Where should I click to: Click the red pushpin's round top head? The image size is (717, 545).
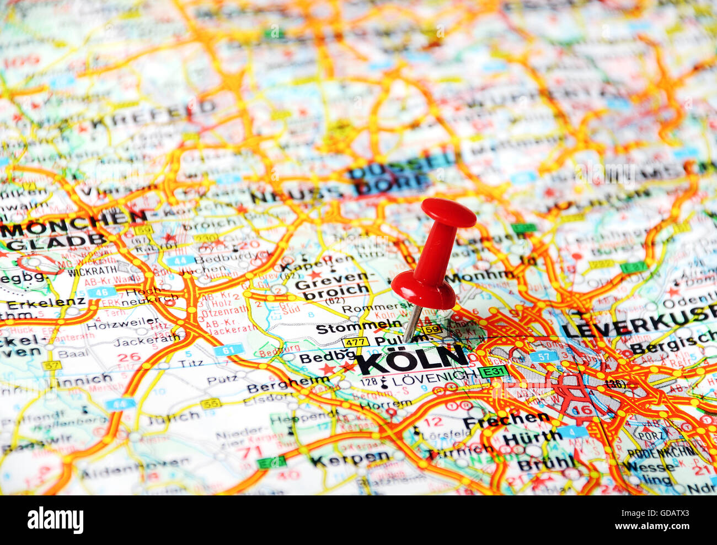tap(448, 212)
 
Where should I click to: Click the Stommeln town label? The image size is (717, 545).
tap(351, 328)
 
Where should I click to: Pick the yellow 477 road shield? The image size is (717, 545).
tap(355, 342)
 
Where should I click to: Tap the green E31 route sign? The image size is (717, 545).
tap(493, 372)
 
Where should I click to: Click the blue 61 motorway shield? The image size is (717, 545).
tap(228, 349)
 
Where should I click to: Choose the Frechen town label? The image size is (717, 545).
tap(506, 421)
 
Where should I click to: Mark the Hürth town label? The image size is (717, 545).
tap(531, 439)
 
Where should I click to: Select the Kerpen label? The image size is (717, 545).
tap(350, 458)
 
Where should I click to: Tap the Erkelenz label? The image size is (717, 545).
tap(46, 302)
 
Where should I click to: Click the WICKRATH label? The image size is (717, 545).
tap(93, 270)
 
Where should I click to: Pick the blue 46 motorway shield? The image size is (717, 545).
tap(101, 292)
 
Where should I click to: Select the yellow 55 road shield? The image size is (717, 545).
tap(210, 404)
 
